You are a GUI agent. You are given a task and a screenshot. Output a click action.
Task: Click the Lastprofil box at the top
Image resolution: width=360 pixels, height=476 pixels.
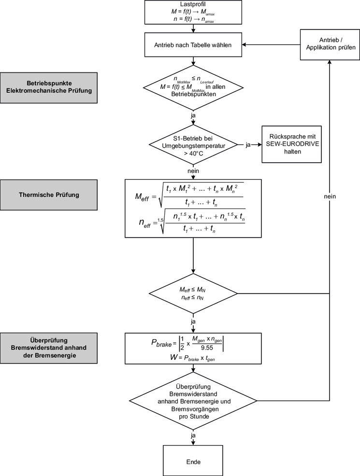point(193,13)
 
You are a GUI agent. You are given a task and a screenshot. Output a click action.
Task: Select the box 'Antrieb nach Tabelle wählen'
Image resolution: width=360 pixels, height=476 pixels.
point(193,46)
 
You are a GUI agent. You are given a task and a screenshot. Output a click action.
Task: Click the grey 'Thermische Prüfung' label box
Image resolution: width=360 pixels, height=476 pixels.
point(49,195)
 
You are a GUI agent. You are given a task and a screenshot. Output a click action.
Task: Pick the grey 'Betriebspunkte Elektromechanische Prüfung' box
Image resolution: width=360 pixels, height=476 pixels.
point(49,88)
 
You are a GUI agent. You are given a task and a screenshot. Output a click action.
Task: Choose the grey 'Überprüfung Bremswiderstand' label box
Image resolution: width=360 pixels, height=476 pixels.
point(49,348)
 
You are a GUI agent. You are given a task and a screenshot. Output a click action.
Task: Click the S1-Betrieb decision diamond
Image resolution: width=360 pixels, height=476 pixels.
point(193,144)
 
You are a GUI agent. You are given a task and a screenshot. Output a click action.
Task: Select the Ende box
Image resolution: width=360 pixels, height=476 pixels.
point(193,462)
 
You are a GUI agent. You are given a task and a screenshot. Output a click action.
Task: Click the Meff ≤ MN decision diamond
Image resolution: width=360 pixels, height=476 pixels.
point(193,294)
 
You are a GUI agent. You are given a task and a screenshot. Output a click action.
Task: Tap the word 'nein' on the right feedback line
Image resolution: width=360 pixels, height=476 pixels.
point(330,196)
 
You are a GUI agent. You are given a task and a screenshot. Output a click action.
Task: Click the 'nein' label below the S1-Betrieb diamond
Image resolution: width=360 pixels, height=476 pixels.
point(193,170)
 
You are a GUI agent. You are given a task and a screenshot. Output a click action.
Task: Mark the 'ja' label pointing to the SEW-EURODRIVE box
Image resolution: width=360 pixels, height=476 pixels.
point(248,144)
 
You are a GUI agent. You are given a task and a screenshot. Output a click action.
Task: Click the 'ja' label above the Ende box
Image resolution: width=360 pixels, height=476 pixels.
point(193,436)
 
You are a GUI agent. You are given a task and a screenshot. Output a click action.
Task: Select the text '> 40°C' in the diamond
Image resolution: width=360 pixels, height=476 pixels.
point(193,153)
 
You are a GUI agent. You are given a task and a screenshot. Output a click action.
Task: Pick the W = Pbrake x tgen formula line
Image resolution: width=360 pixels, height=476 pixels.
point(193,358)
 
